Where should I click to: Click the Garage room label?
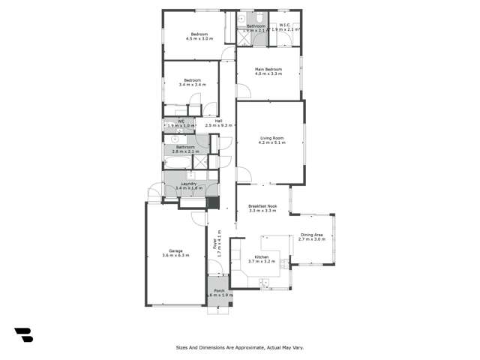click(175, 250)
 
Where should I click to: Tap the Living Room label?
click(271, 138)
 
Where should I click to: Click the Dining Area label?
click(312, 235)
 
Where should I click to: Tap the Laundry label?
click(189, 184)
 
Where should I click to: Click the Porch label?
click(219, 291)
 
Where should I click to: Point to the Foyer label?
click(214, 239)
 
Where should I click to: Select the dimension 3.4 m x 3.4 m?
click(191, 85)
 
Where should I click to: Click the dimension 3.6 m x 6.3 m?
click(175, 256)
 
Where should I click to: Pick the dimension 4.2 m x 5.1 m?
click(271, 142)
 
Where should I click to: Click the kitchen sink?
click(263, 283)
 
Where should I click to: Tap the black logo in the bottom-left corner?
click(24, 335)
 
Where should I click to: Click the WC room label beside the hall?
click(181, 121)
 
